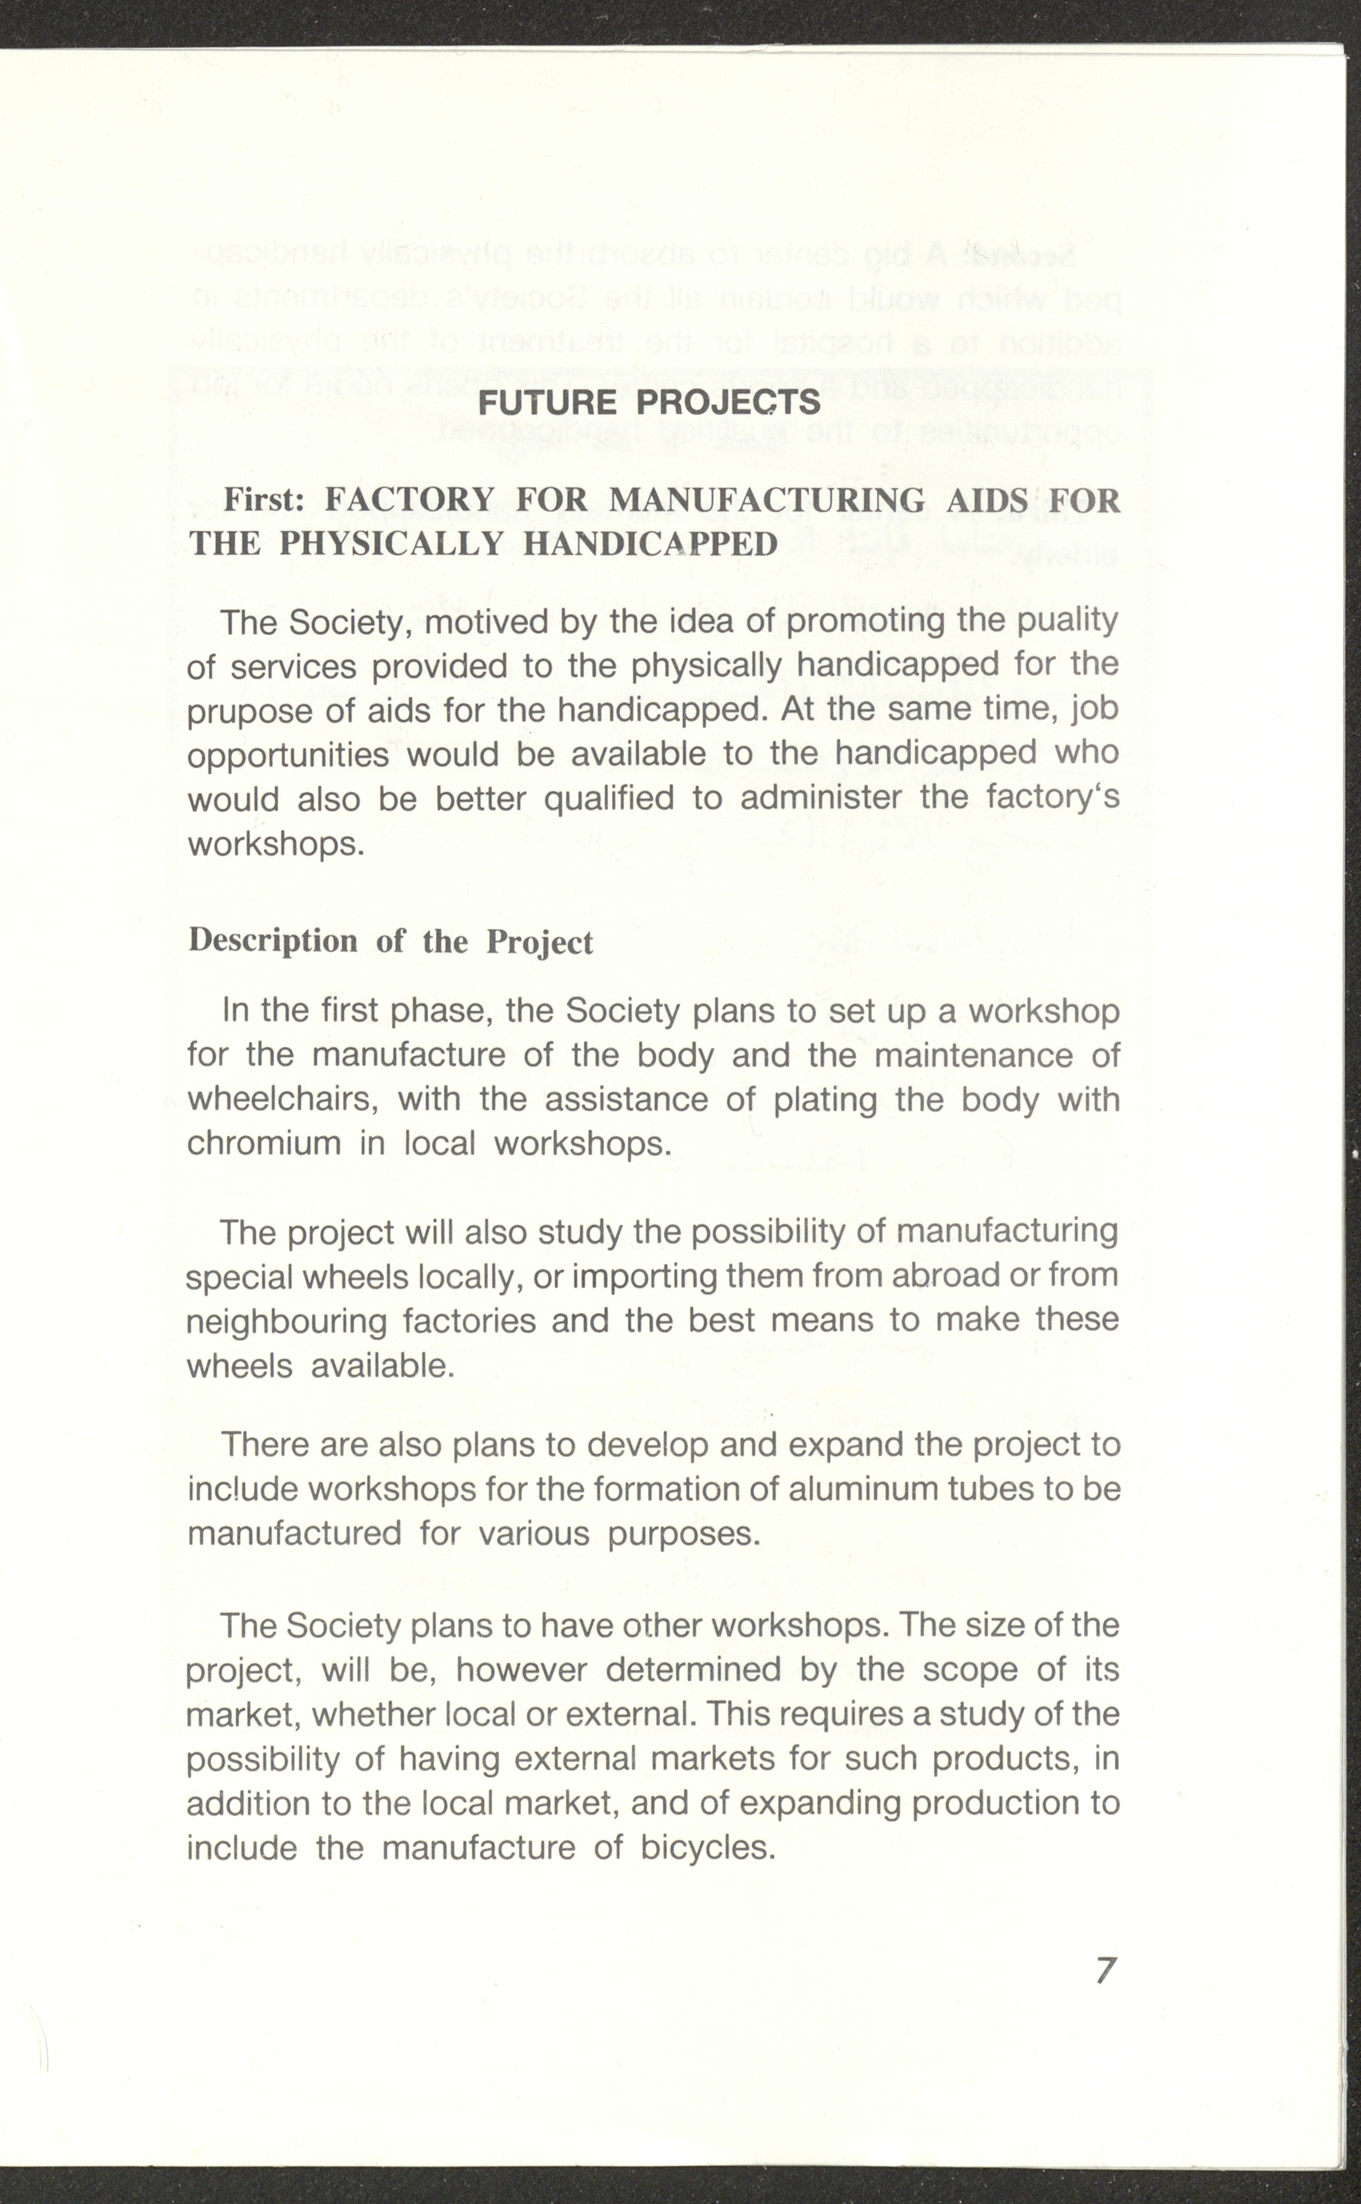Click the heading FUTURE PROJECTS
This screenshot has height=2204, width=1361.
pos(649,402)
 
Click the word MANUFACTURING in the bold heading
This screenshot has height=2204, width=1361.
pos(767,500)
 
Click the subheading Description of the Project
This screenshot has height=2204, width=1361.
pos(391,941)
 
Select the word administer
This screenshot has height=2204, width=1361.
pos(820,798)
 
